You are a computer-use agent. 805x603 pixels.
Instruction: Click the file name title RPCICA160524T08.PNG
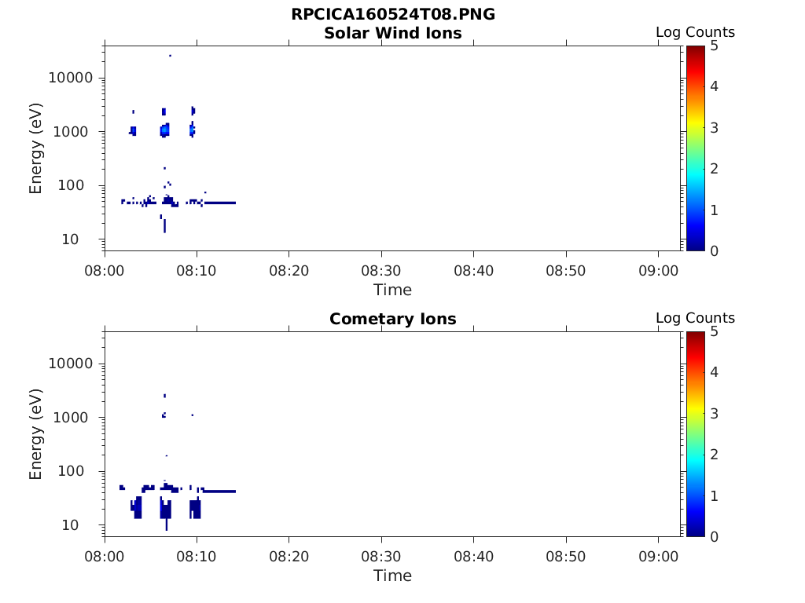[x=393, y=14]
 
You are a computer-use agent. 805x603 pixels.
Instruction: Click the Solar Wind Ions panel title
[x=393, y=33]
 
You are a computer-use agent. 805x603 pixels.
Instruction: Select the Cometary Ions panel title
[x=393, y=319]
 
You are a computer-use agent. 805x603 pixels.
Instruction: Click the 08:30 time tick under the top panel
[x=381, y=271]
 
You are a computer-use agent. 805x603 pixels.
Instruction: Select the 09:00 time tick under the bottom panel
[x=658, y=557]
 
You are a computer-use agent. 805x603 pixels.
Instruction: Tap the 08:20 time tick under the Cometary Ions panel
[x=289, y=557]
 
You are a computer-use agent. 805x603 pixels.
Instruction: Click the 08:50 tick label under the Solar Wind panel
[x=566, y=271]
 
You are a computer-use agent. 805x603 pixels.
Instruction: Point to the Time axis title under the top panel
[x=393, y=290]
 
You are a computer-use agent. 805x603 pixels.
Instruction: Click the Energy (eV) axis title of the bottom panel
[x=35, y=433]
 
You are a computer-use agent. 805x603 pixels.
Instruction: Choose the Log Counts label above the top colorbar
[x=695, y=32]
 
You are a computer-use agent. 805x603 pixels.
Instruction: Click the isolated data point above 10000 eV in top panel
[x=170, y=56]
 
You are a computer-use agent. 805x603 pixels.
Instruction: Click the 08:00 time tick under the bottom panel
[x=105, y=557]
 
